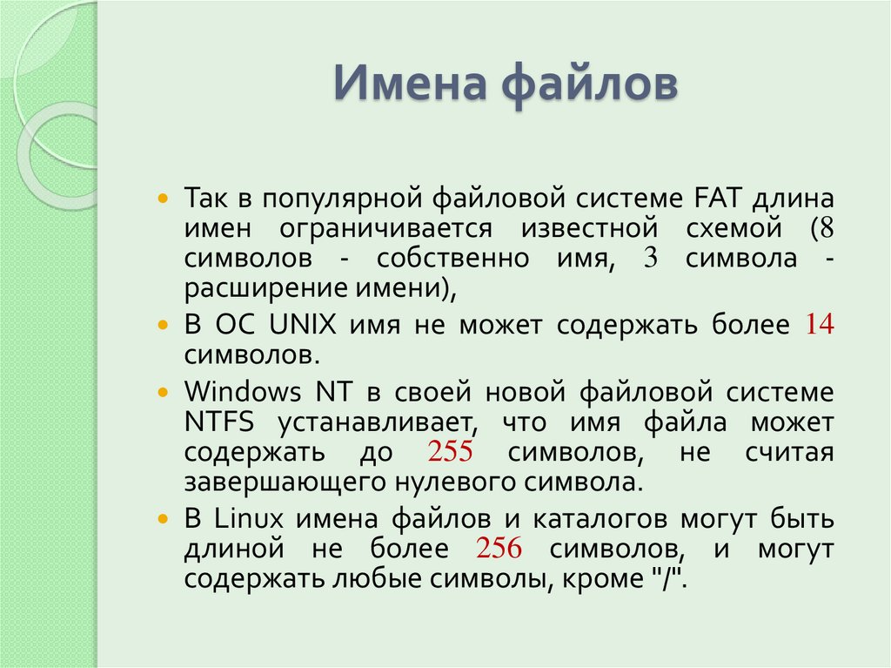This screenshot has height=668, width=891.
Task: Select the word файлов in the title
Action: [x=588, y=85]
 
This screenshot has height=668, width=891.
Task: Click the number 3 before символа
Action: [x=650, y=260]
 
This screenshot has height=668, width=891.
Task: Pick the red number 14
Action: [x=820, y=325]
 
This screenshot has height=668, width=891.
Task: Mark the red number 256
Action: [x=499, y=550]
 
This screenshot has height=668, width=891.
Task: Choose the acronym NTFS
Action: [x=219, y=422]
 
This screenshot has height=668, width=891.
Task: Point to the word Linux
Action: [x=249, y=518]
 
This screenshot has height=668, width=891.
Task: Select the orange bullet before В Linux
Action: [x=163, y=519]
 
